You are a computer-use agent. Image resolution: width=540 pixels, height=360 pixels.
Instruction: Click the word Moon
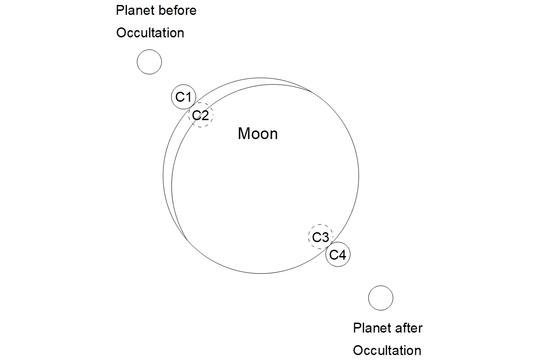pyautogui.click(x=258, y=134)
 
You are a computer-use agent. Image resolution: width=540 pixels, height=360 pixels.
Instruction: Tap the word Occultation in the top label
pyautogui.click(x=150, y=33)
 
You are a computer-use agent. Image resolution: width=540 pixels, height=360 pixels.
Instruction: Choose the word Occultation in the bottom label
pyautogui.click(x=387, y=351)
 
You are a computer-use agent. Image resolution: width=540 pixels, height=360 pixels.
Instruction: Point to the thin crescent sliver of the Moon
pyautogui.click(x=167, y=176)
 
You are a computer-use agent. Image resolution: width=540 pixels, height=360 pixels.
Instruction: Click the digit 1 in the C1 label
pyautogui.click(x=188, y=97)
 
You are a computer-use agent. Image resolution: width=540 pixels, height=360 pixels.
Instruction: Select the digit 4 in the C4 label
pyautogui.click(x=342, y=255)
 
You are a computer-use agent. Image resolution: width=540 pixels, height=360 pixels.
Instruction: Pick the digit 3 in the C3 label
pyautogui.click(x=325, y=237)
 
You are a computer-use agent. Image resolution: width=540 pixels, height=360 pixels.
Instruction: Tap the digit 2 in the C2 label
pyautogui.click(x=205, y=115)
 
